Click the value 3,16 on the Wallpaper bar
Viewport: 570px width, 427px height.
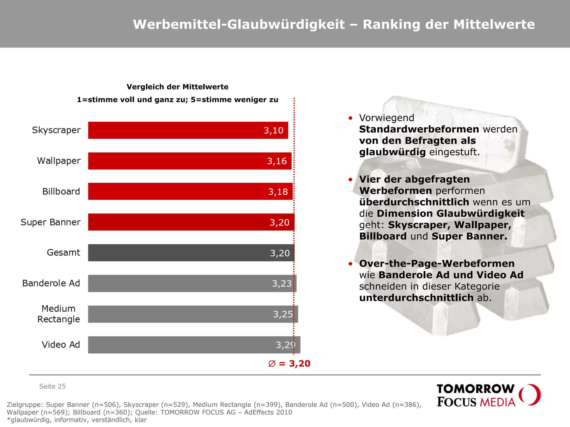coord(277,161)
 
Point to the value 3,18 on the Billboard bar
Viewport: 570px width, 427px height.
coord(278,192)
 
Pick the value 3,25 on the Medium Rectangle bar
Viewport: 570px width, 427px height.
coord(283,314)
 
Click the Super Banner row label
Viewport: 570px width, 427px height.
coord(50,222)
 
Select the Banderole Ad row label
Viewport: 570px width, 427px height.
coord(51,283)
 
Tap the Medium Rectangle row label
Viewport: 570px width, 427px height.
coord(58,314)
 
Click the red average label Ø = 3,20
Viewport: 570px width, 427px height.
coord(289,364)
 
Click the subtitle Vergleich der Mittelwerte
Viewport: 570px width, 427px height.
coord(177,87)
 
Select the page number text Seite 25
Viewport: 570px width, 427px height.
coord(52,386)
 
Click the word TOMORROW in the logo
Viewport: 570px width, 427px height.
coord(475,389)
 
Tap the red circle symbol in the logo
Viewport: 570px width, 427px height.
coord(530,395)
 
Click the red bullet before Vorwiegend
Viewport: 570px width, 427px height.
coord(350,118)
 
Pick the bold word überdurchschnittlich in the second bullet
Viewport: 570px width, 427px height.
coord(414,202)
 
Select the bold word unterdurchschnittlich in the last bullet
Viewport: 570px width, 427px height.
coord(416,298)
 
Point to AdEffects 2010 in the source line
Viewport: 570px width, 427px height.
coord(268,412)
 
